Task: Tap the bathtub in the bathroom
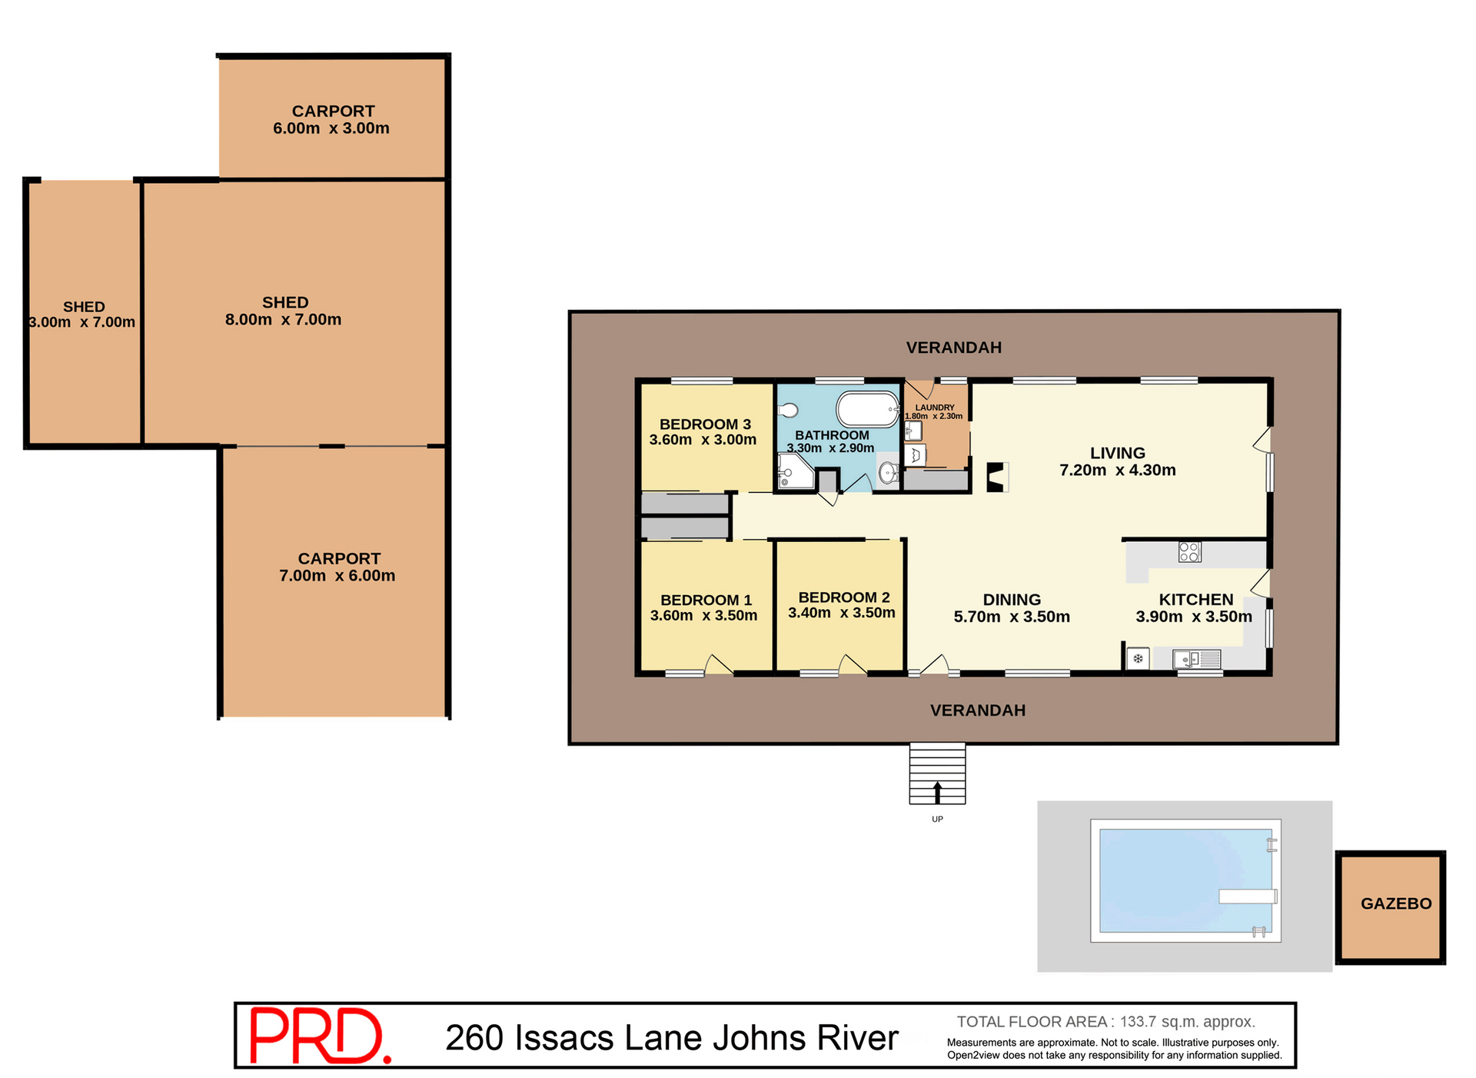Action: pos(867,410)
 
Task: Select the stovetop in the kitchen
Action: pos(1189,551)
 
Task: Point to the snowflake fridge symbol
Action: pos(1138,659)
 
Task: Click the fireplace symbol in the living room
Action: pos(997,477)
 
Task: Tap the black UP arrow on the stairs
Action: pos(937,792)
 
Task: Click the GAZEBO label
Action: pos(1396,903)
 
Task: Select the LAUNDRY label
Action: pos(935,408)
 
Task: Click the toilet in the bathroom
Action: pos(788,411)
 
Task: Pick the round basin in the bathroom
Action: pos(888,472)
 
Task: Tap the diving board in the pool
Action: pos(1248,896)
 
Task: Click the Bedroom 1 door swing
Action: pos(719,665)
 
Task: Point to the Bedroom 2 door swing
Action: pos(853,665)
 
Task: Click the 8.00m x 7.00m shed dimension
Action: pos(283,320)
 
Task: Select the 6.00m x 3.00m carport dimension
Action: pos(331,128)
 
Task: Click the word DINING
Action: pos(1012,600)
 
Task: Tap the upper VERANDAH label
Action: pos(954,348)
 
